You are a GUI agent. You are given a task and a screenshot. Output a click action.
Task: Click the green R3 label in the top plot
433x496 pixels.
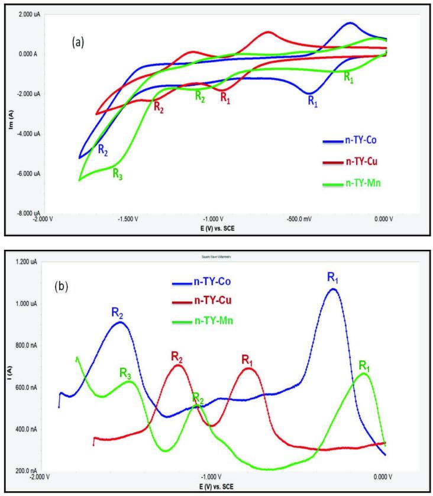[x=118, y=173]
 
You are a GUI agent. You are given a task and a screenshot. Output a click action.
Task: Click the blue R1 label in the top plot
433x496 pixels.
[x=312, y=101]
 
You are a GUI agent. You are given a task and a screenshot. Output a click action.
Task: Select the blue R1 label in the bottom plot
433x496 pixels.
[x=335, y=276]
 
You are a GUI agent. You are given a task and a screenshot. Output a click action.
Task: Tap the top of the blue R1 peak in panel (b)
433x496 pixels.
[x=334, y=289]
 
